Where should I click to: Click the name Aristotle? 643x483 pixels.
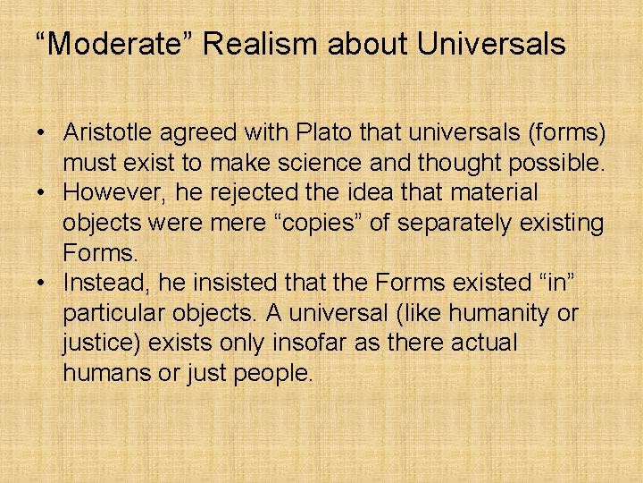coord(106,132)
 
